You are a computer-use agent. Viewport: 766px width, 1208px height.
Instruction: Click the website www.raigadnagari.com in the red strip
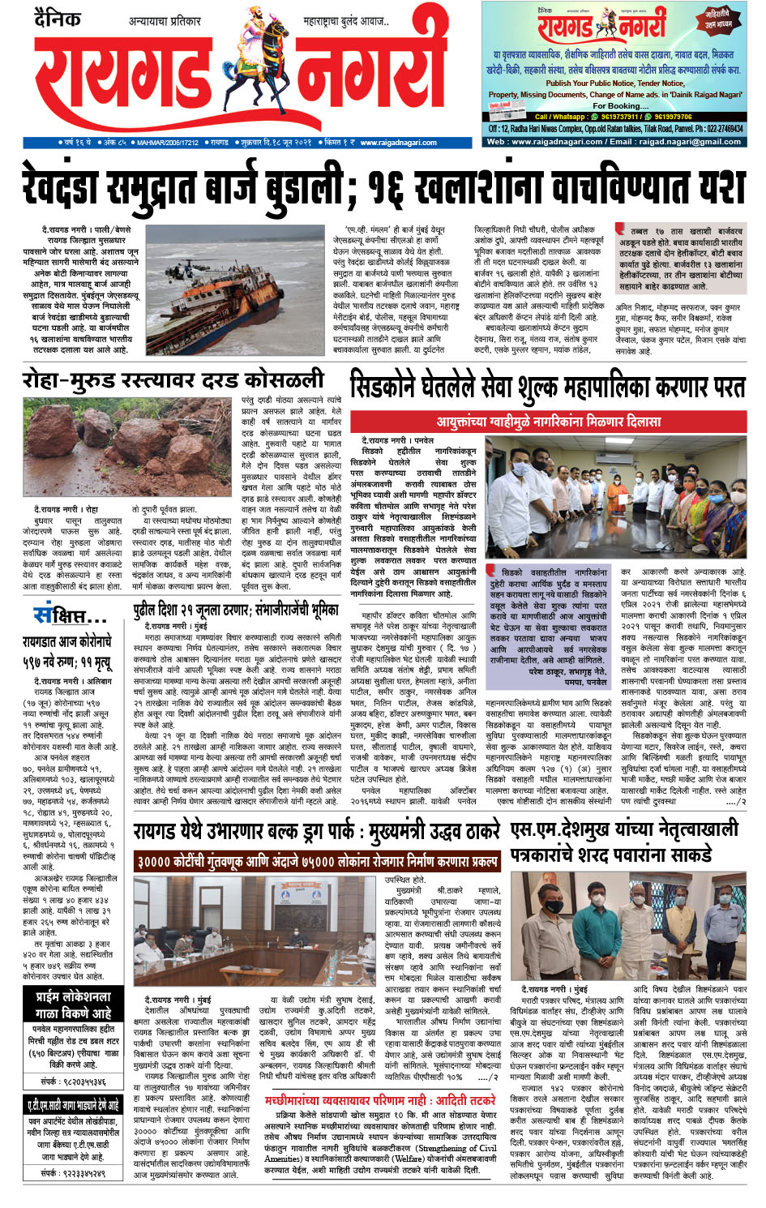(x=398, y=143)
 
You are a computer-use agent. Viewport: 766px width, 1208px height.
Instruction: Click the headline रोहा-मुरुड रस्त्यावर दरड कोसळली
(x=173, y=380)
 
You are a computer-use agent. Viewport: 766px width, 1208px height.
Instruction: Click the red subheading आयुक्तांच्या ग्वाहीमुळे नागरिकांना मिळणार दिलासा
(x=548, y=422)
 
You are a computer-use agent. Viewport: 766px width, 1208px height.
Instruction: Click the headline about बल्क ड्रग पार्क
(x=316, y=832)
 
